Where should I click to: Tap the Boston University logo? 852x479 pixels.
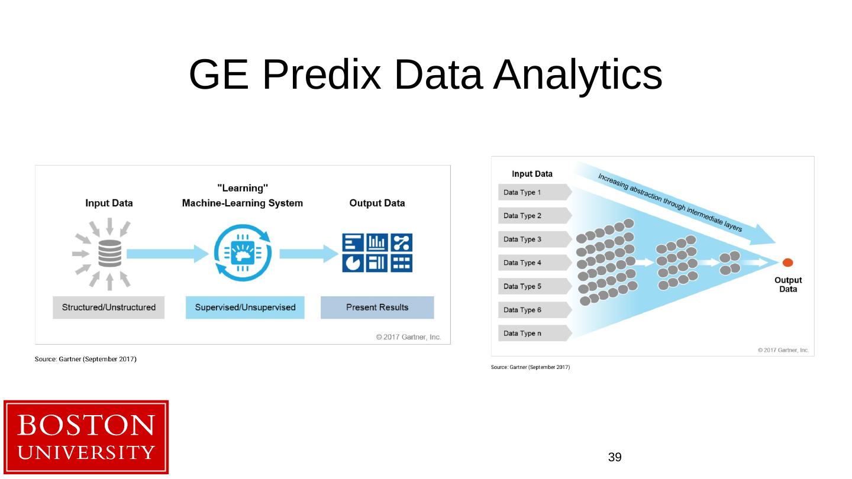pos(86,437)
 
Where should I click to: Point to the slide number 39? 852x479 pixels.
pos(615,457)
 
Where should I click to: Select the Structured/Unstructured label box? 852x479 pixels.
pos(108,308)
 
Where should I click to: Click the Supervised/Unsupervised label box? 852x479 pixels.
pos(245,308)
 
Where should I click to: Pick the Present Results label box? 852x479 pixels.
pos(377,308)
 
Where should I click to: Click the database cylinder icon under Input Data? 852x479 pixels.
pos(109,254)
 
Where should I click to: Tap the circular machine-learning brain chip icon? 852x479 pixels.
pos(243,254)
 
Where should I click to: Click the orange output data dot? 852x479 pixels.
pos(788,263)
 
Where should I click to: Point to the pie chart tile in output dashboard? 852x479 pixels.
pos(353,264)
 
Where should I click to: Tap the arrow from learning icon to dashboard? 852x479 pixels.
pos(308,254)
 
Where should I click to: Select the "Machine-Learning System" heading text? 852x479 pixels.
pos(242,203)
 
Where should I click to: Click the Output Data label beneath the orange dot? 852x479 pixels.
pos(788,284)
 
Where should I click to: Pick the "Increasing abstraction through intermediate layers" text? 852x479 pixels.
pos(670,203)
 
